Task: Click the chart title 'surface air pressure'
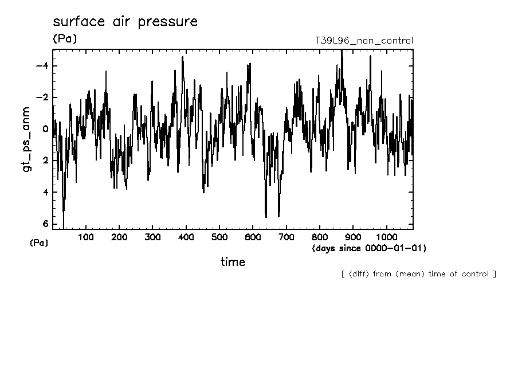[125, 22]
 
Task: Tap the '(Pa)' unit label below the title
[64, 39]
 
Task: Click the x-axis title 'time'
[233, 262]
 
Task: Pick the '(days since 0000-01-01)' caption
[369, 248]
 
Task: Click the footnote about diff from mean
[418, 274]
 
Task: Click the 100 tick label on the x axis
[86, 237]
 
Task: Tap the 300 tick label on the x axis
[152, 237]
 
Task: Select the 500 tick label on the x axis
[219, 237]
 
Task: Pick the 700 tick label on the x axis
[286, 237]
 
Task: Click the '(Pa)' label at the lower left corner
[39, 243]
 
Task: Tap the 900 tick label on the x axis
[353, 237]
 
